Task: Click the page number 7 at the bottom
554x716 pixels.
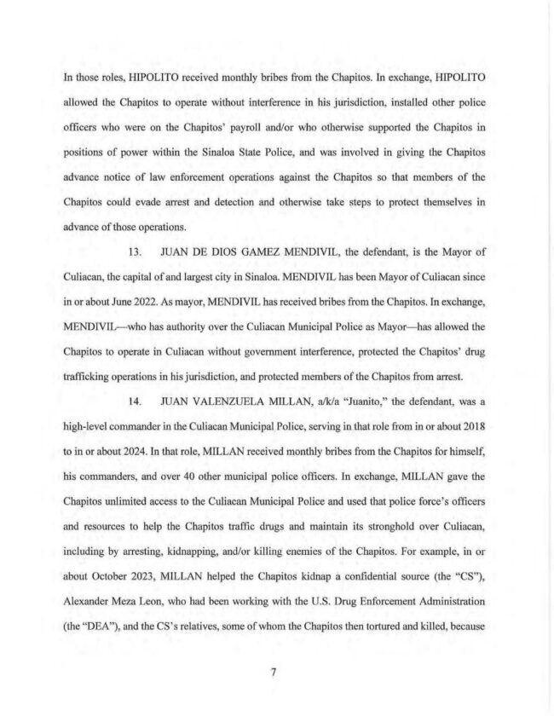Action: coord(274,673)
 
